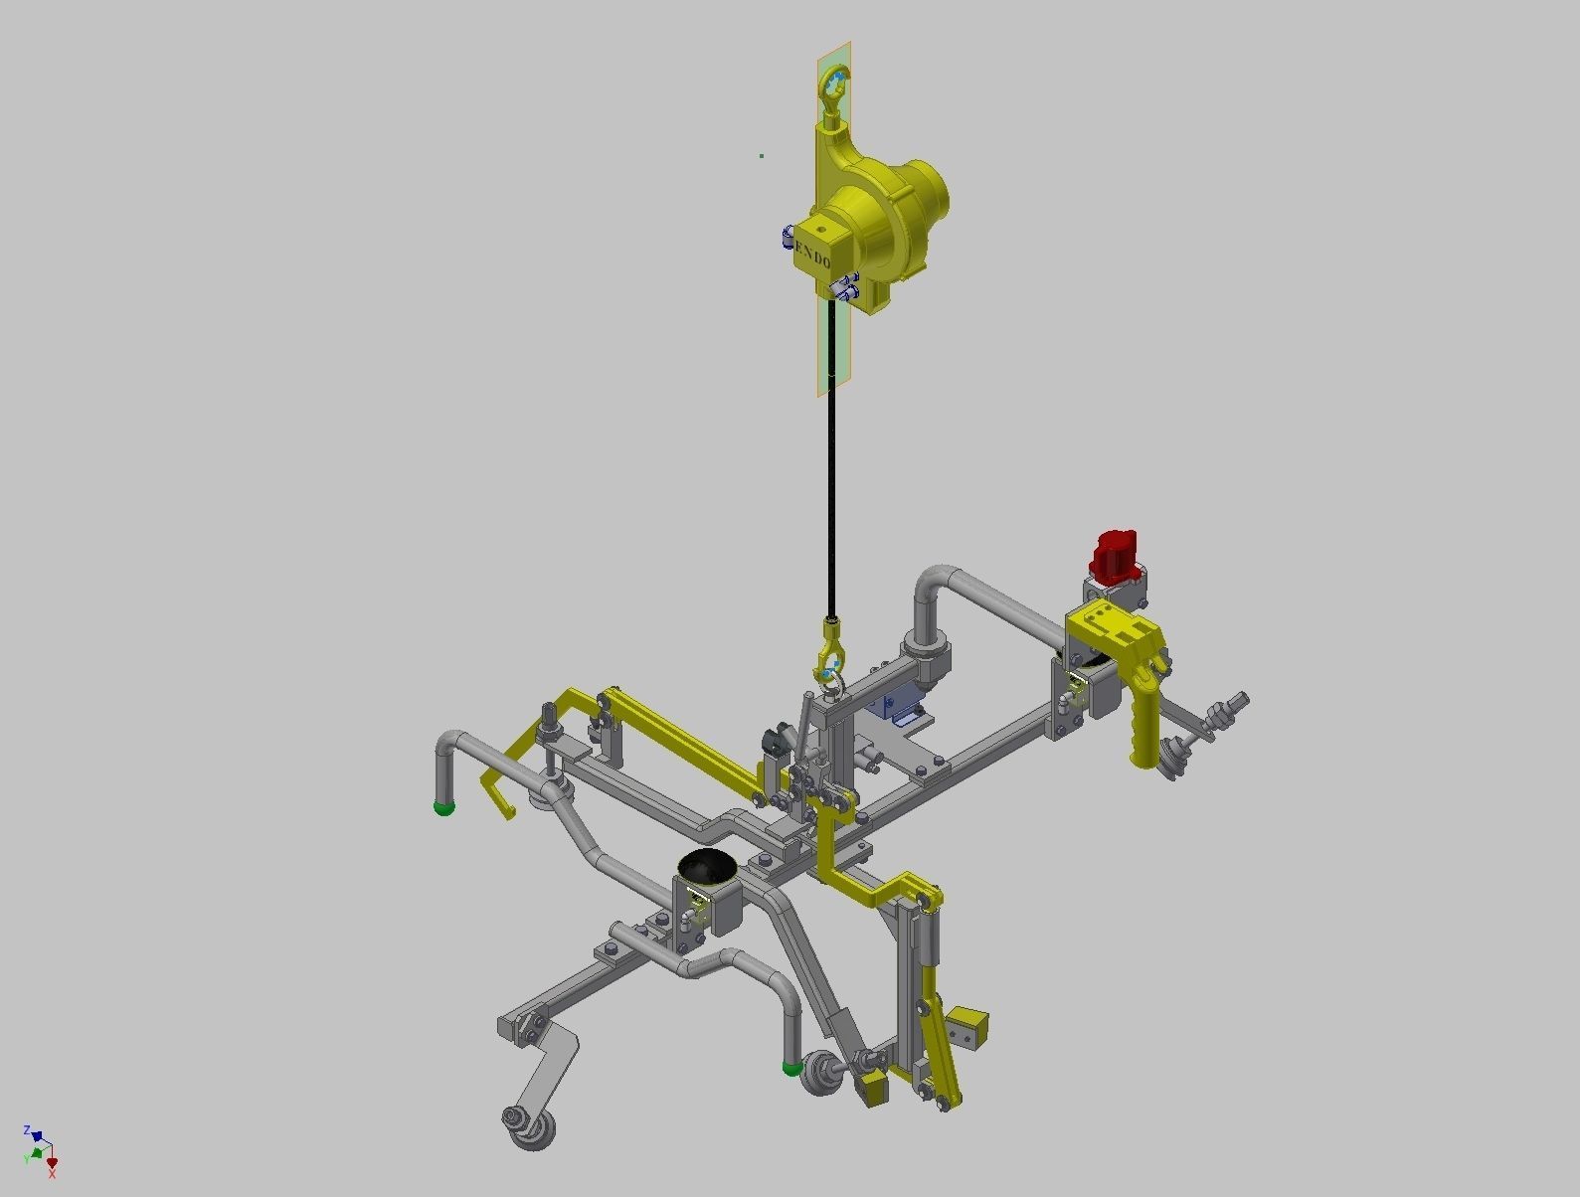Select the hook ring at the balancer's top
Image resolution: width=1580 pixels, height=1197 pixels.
(832, 85)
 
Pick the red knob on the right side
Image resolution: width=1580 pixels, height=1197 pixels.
(1116, 554)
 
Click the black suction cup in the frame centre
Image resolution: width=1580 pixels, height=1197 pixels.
(707, 868)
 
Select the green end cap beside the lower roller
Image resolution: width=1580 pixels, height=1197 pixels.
(792, 1068)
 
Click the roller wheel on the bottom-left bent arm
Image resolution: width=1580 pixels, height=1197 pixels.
(528, 1129)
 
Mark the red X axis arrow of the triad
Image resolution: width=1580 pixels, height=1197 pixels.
(52, 1163)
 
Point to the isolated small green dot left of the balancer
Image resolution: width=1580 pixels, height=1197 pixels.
(762, 155)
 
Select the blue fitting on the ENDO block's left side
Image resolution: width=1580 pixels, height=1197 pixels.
(788, 237)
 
